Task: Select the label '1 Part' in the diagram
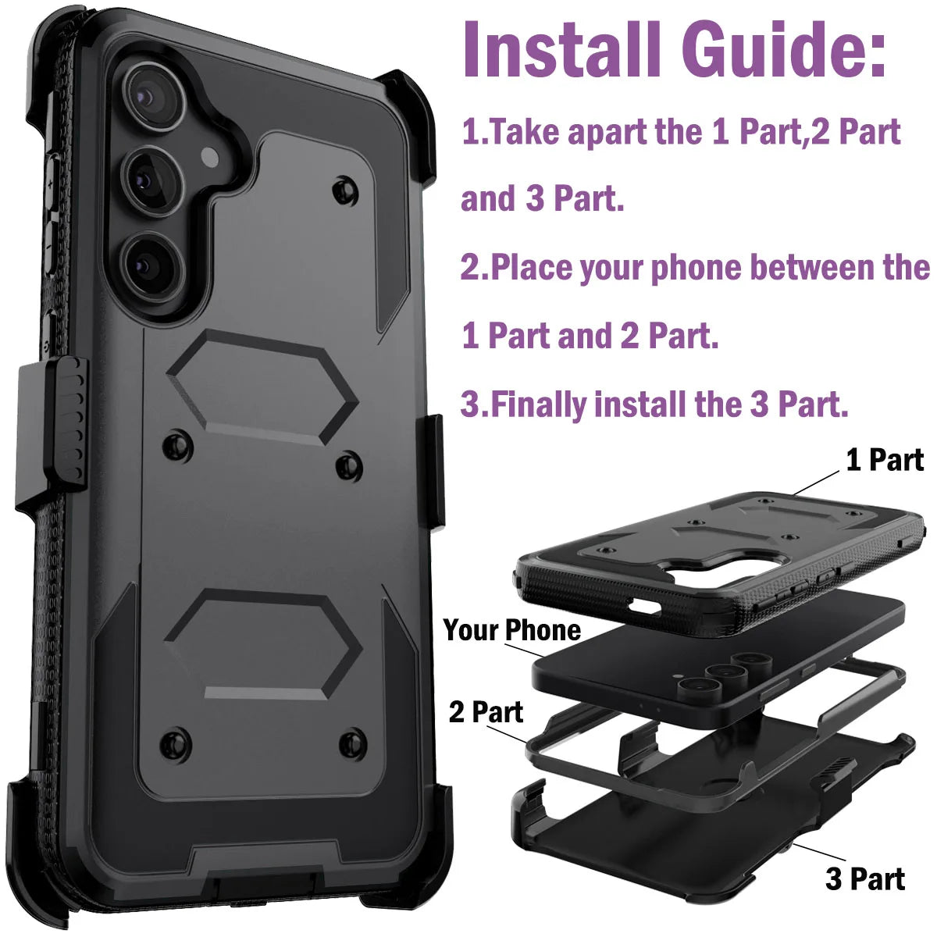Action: (885, 460)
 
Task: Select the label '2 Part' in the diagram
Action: (486, 712)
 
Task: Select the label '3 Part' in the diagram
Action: (865, 879)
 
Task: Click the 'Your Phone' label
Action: (511, 630)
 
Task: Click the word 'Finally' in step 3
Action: (539, 404)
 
